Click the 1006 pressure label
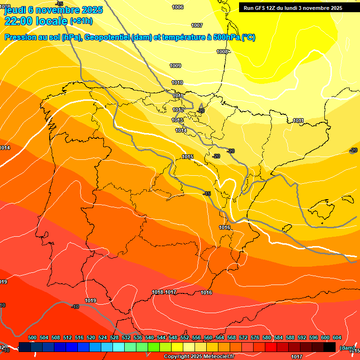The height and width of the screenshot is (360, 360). click(x=178, y=7)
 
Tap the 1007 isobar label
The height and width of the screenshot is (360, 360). click(x=197, y=25)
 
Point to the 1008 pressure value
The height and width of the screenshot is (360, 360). click(x=222, y=52)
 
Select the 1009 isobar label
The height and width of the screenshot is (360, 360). click(x=175, y=66)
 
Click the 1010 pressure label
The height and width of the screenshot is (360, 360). click(x=177, y=83)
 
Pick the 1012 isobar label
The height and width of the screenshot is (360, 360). click(x=178, y=110)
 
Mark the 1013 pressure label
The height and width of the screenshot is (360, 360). click(x=177, y=120)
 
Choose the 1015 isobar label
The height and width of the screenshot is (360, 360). click(x=188, y=157)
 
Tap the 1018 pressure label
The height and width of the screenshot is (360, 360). click(x=157, y=292)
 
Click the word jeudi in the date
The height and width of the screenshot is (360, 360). click(x=15, y=10)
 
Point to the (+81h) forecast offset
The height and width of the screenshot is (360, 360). click(x=82, y=21)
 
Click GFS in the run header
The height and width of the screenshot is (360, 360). click(x=262, y=8)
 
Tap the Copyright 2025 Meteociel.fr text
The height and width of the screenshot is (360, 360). click(x=198, y=357)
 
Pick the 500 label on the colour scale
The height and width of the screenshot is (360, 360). click(x=32, y=337)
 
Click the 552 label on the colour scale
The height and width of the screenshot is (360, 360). click(x=185, y=337)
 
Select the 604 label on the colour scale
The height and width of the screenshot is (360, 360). click(x=337, y=337)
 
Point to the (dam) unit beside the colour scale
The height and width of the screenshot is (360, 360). click(x=347, y=348)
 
